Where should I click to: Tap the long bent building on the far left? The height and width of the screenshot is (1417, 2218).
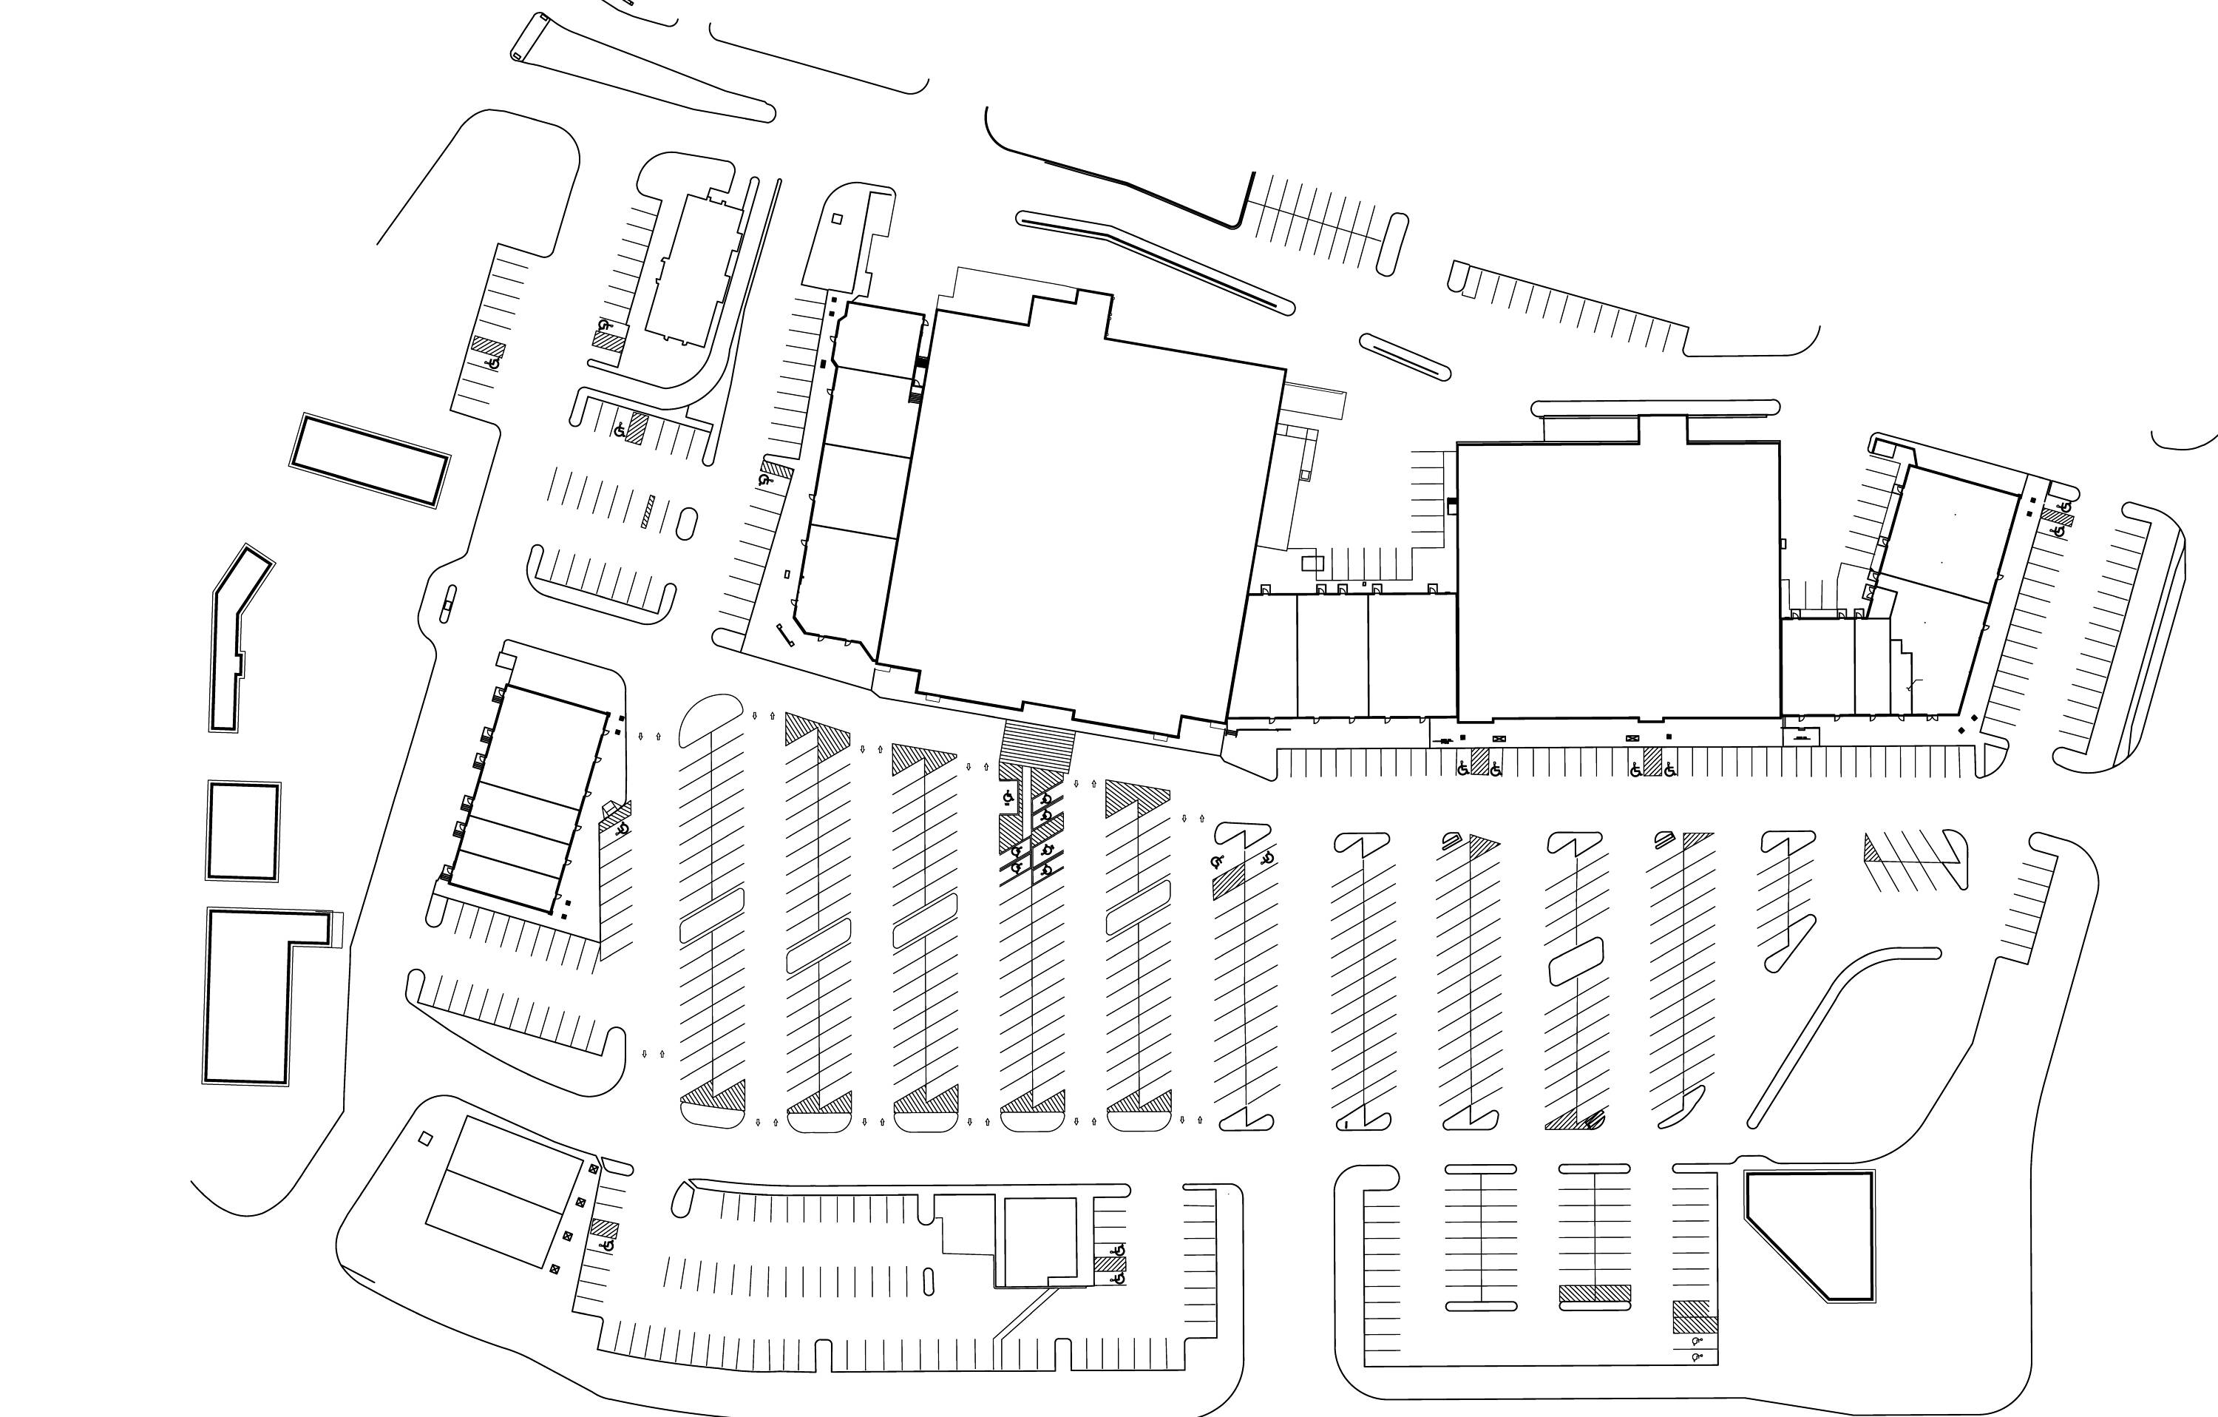235,636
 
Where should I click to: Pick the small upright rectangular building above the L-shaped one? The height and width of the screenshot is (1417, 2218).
243,831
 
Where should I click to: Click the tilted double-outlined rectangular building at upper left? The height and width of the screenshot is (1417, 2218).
370,461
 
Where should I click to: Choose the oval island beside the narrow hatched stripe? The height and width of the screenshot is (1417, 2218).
687,522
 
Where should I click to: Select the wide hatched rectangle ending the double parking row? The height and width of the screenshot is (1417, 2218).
1595,1293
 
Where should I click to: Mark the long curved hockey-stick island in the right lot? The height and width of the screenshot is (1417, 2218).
1833,1032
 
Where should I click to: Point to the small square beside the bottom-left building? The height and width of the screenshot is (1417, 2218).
424,1139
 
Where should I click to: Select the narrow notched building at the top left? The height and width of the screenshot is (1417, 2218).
693,267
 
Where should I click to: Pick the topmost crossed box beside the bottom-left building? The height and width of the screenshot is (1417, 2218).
593,1170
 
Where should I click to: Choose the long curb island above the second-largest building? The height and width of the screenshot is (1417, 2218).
1655,406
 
